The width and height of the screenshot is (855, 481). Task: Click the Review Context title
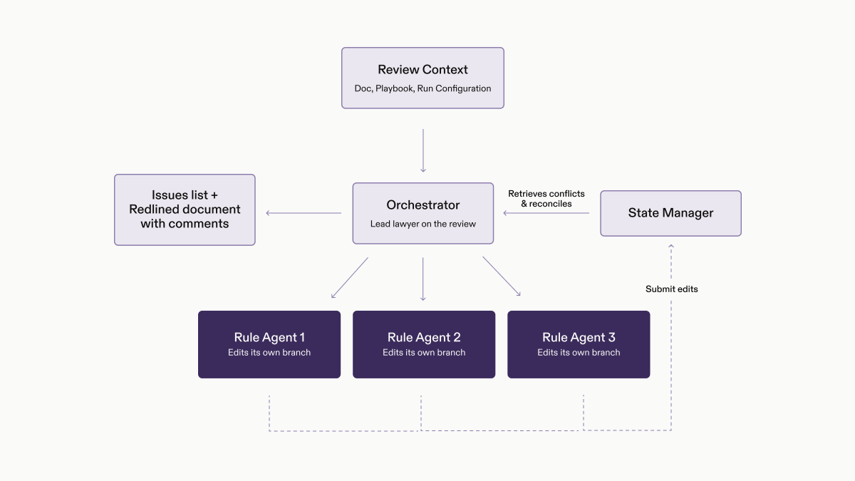(423, 70)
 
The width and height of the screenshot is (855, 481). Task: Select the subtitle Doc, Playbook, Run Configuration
(423, 88)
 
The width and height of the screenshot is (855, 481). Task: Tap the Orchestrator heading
(423, 205)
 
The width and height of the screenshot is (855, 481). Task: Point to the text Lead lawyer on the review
(423, 224)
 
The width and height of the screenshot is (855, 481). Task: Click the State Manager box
(670, 213)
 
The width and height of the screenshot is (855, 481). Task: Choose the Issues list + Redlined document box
(185, 210)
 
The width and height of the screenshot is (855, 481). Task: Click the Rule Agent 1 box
(269, 344)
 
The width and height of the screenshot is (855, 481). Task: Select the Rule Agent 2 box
(424, 344)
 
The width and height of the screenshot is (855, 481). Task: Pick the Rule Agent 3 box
(579, 344)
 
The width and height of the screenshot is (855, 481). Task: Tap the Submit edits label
(671, 289)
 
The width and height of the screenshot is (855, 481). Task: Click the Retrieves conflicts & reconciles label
(546, 199)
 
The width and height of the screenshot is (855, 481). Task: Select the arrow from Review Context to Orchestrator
(423, 150)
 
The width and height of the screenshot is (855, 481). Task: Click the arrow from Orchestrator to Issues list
(304, 213)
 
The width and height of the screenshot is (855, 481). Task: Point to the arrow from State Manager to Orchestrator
(546, 213)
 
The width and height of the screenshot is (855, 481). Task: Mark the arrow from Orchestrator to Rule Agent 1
(350, 277)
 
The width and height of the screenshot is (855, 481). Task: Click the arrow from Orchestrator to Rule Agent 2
(423, 279)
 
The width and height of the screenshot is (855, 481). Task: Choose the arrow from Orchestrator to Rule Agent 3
(502, 276)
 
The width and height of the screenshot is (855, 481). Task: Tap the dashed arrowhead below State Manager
(671, 246)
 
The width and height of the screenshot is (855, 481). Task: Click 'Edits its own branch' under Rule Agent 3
(579, 352)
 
